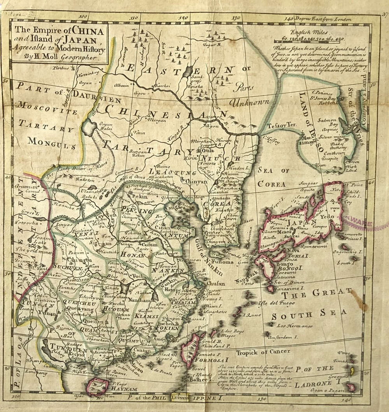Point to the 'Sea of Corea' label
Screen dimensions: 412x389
[x=275, y=177]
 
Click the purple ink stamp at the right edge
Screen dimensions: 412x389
[x=368, y=225]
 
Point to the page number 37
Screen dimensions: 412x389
[x=385, y=15]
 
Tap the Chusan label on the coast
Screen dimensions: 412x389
[x=216, y=284]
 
